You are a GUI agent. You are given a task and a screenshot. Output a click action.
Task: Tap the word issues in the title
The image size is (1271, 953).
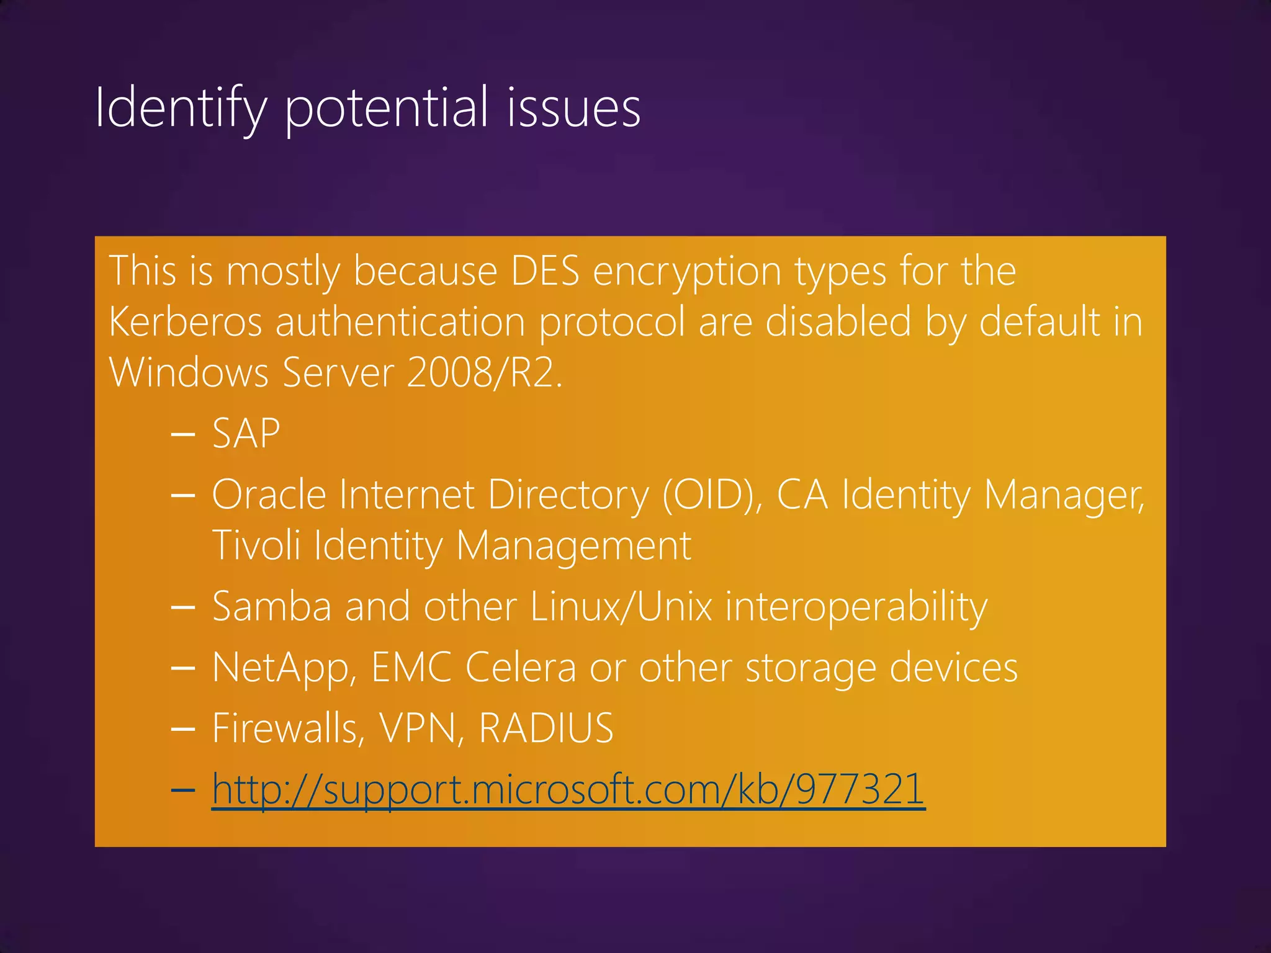573,108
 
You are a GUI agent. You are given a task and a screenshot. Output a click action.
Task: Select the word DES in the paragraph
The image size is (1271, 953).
544,271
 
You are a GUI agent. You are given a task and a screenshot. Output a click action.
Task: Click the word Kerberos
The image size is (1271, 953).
186,322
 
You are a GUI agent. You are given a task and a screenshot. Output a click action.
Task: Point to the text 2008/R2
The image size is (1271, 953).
485,373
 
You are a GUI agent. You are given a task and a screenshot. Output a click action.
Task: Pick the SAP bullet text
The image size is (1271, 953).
246,433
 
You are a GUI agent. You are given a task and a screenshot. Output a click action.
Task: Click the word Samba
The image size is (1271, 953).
271,606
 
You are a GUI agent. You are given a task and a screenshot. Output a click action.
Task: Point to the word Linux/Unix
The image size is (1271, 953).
621,606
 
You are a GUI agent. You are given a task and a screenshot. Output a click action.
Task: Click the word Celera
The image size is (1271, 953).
520,668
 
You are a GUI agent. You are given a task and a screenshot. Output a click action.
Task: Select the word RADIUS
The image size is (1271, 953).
546,728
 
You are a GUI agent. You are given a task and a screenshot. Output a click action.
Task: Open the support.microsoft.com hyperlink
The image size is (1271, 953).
568,790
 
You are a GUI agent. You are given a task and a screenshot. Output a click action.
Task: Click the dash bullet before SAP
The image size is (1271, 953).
183,434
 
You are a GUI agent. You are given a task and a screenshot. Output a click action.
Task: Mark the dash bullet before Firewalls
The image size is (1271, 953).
183,729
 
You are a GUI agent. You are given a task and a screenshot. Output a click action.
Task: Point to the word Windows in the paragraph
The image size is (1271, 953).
189,373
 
